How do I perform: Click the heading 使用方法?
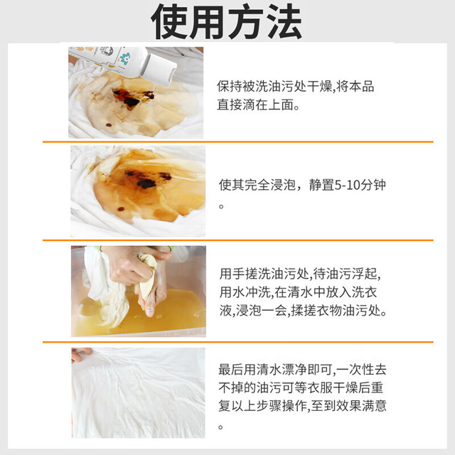coord(226,22)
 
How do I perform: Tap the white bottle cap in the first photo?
coord(159,70)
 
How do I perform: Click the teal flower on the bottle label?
coord(125,58)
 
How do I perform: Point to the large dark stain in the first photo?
coord(133,97)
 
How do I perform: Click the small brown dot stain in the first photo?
coord(109,125)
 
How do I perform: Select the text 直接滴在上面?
coord(255,105)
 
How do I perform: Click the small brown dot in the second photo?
coord(122,209)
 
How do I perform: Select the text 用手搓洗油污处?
coord(264,274)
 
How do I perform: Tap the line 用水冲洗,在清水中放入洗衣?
coord(298,292)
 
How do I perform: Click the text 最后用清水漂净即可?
coord(275,370)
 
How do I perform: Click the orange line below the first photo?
coord(238,142)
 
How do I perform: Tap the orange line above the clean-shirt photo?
coord(238,342)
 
